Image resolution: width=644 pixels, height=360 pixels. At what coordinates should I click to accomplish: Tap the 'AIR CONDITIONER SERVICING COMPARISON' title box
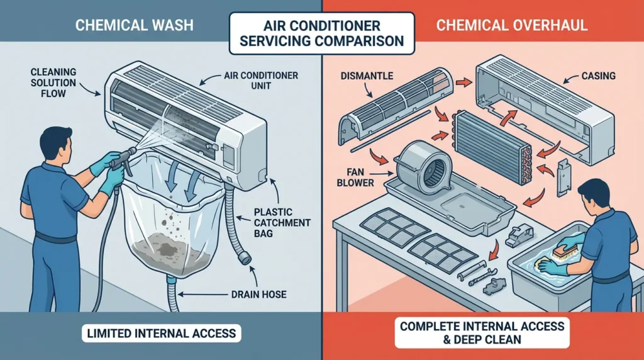coord(322,33)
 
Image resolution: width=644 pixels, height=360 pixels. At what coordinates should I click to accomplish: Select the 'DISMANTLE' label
coord(366,76)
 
